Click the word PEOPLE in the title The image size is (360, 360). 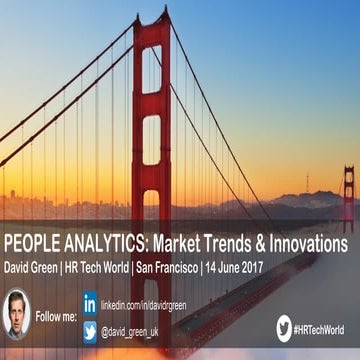tap(35, 245)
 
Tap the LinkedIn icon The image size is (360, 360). tap(90, 301)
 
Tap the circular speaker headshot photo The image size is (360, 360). tap(17, 314)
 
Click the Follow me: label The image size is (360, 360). tap(55, 315)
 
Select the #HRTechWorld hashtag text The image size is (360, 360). tap(324, 328)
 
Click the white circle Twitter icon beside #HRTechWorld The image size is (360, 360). tap(284, 328)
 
